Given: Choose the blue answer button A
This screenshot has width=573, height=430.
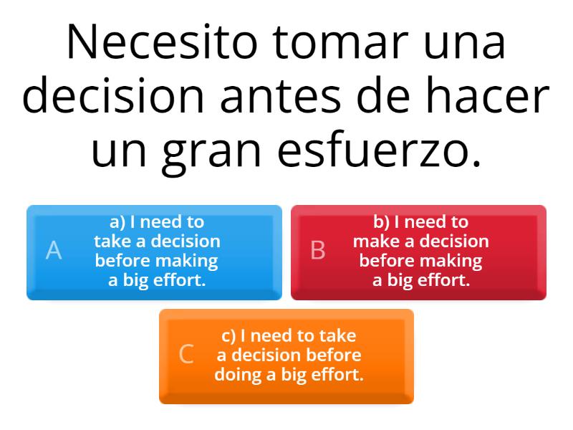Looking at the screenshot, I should click(x=154, y=252).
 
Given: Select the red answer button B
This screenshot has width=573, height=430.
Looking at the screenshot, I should click(x=418, y=252).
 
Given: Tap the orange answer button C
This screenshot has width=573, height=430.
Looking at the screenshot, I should click(x=286, y=355).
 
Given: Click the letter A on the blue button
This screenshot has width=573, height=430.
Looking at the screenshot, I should click(x=54, y=251).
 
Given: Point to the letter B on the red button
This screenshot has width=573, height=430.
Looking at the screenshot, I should click(x=318, y=251).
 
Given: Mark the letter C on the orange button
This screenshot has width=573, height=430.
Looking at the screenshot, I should click(x=186, y=355).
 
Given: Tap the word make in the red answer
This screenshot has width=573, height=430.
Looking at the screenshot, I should click(x=373, y=242).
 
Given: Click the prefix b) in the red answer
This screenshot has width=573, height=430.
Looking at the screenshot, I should click(x=381, y=222).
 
